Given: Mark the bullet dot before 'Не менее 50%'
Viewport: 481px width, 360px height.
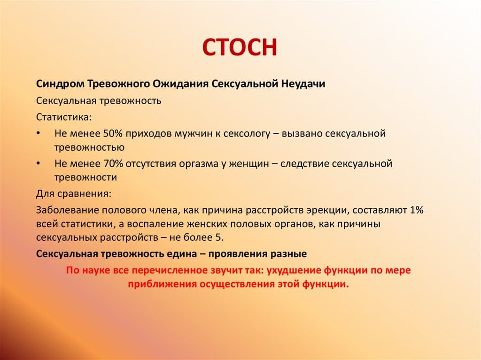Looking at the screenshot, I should click(38, 134).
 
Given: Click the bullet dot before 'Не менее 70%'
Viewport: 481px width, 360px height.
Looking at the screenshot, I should click(38, 164).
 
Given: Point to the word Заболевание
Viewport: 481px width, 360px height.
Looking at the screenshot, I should click(64, 210).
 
